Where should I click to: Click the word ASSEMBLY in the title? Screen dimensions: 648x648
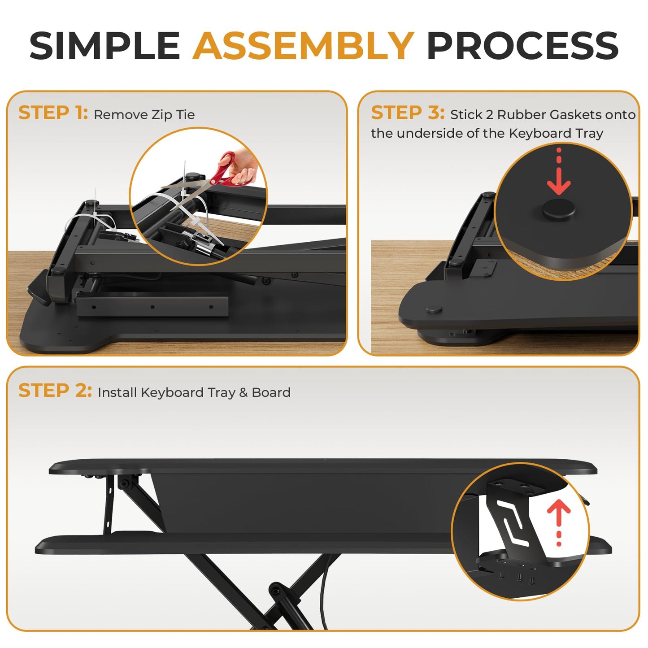(x=303, y=46)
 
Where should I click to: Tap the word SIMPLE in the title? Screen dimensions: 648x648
(x=104, y=46)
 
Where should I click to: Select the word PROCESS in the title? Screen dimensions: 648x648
(x=522, y=46)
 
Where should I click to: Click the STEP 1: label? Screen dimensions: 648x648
(x=53, y=112)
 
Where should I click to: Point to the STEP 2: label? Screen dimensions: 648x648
(x=55, y=391)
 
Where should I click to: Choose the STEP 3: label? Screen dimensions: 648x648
(x=408, y=112)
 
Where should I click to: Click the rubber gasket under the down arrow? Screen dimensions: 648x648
(x=559, y=209)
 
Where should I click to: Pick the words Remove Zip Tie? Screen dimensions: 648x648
(x=144, y=115)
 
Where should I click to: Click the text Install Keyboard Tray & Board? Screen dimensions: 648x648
(x=194, y=392)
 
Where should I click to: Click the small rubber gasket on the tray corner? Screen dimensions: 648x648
(x=434, y=309)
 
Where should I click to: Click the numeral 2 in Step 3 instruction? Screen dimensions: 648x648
(x=490, y=115)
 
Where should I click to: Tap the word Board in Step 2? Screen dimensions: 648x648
(x=271, y=392)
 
